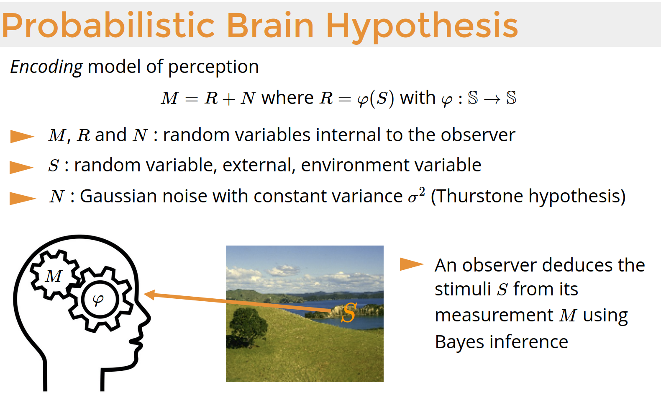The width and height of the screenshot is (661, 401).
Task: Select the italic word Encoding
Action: (46, 67)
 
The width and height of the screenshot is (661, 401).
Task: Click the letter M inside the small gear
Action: (54, 276)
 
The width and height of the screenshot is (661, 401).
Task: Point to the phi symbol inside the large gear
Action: (98, 300)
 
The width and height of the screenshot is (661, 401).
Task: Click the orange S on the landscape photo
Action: (349, 313)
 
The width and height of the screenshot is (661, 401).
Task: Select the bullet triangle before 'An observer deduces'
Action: (412, 264)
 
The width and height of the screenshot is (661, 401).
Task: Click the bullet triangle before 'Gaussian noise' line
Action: (23, 198)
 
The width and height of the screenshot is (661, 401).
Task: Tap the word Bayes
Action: (460, 343)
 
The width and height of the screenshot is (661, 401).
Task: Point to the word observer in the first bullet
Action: (478, 135)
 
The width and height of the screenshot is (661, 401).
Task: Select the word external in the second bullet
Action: (257, 165)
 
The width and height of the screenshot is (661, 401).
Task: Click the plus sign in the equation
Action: (229, 99)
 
